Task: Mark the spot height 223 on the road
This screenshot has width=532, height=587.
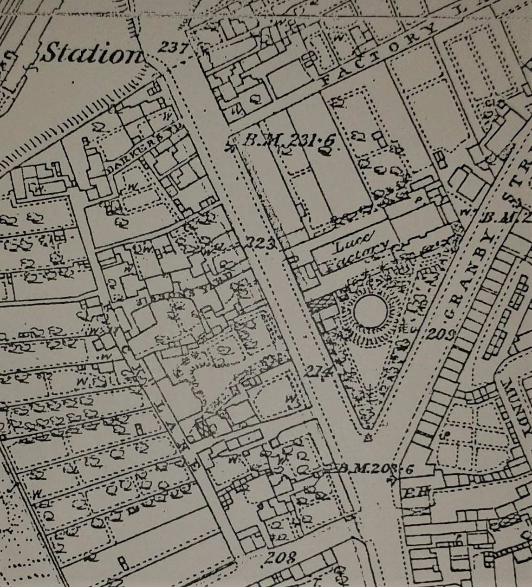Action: [x=261, y=242]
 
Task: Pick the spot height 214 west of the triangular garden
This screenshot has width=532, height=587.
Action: [x=320, y=370]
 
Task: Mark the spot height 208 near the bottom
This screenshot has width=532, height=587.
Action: [x=282, y=557]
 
